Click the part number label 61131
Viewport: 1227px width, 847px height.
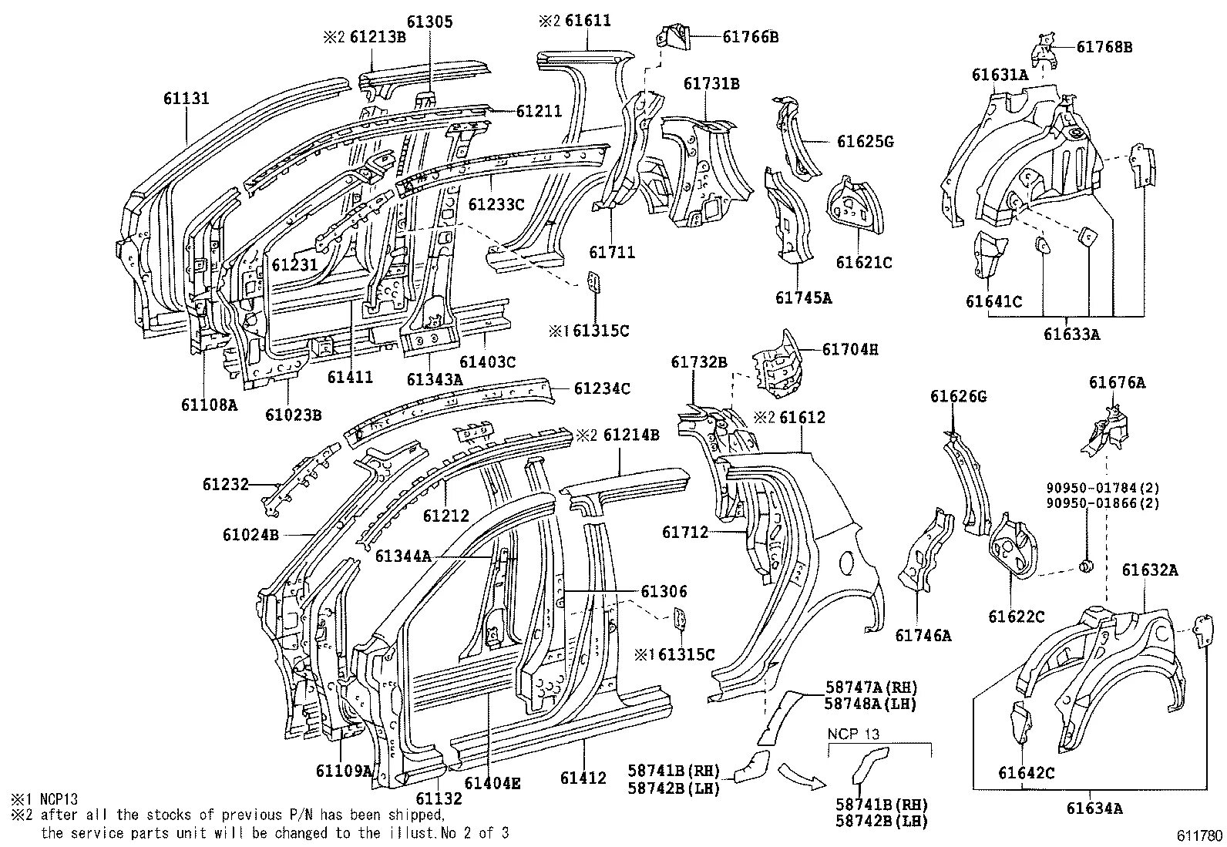point(186,99)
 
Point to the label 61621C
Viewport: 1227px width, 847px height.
point(864,263)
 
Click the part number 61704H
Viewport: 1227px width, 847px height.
point(849,349)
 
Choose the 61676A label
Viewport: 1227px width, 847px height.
point(1117,382)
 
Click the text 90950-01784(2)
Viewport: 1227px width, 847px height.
point(1103,488)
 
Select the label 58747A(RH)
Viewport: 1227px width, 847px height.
point(871,687)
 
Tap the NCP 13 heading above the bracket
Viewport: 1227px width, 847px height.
point(854,734)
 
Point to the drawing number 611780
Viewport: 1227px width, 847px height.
point(1199,836)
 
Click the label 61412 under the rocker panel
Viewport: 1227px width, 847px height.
point(583,778)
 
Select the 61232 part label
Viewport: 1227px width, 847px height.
point(226,484)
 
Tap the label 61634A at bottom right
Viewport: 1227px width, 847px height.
point(1094,808)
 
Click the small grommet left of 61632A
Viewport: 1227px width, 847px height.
point(1085,567)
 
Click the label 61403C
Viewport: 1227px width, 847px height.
point(488,361)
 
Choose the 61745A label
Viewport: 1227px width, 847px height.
point(803,297)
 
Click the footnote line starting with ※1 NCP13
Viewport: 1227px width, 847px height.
point(45,799)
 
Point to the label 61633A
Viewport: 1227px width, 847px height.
point(1071,334)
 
